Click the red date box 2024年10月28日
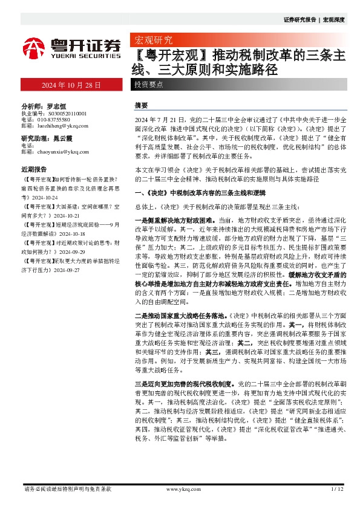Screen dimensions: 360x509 [71, 85]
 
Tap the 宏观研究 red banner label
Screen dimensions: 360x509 [153, 41]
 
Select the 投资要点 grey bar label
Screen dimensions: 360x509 [148, 85]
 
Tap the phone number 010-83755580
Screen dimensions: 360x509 [56, 119]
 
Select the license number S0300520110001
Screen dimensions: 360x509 [62, 113]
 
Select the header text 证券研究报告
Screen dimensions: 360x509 [299, 20]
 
